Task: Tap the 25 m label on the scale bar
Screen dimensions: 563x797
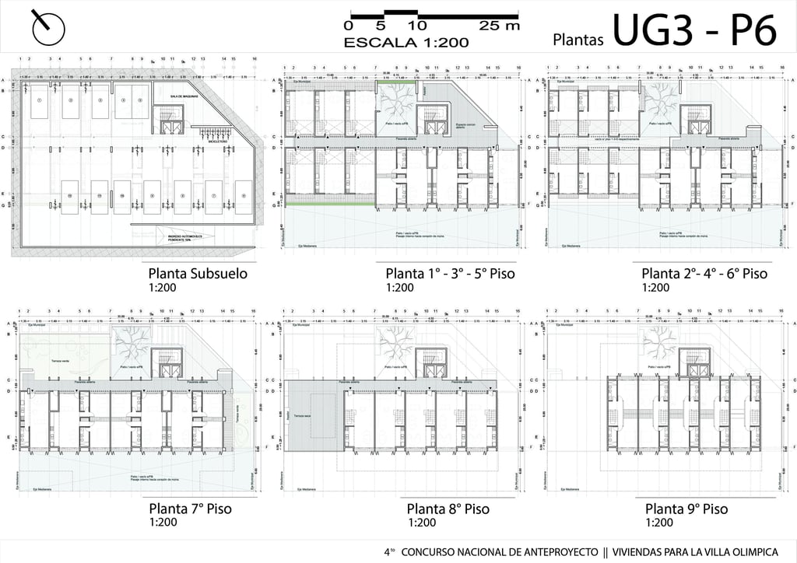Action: pos(499,26)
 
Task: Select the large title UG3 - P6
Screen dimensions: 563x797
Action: pos(694,32)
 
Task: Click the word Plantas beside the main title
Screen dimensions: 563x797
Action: pos(579,39)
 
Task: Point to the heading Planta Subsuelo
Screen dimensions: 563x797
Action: pos(198,274)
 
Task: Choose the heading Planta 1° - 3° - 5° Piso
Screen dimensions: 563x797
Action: pos(450,274)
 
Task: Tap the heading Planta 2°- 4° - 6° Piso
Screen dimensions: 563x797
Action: pos(704,274)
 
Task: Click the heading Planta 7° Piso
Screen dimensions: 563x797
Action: pos(190,509)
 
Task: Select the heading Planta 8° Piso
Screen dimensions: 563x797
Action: pos(448,509)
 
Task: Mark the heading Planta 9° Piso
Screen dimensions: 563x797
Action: pos(686,509)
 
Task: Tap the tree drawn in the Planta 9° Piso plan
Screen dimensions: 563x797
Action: pos(658,339)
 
